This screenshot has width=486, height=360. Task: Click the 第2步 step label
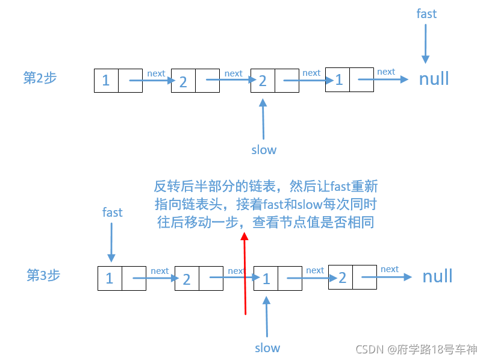(40, 78)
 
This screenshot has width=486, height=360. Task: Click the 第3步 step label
(43, 275)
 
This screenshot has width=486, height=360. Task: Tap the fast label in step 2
(426, 13)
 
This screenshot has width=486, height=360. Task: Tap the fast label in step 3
(112, 212)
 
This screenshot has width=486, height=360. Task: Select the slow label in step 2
(264, 149)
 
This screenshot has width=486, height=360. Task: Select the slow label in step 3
(267, 347)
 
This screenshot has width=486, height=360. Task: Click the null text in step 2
(434, 79)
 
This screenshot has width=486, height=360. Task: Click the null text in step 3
(437, 276)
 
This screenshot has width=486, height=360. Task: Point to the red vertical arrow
(245, 274)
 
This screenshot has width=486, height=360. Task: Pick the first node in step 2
(118, 80)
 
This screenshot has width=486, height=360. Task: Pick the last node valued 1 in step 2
(349, 79)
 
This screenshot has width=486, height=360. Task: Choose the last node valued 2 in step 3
(352, 278)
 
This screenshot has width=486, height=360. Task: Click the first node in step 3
(122, 278)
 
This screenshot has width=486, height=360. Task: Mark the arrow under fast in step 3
(111, 241)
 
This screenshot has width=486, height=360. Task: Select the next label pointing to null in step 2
(386, 72)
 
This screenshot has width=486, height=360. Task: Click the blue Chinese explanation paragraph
(266, 204)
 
